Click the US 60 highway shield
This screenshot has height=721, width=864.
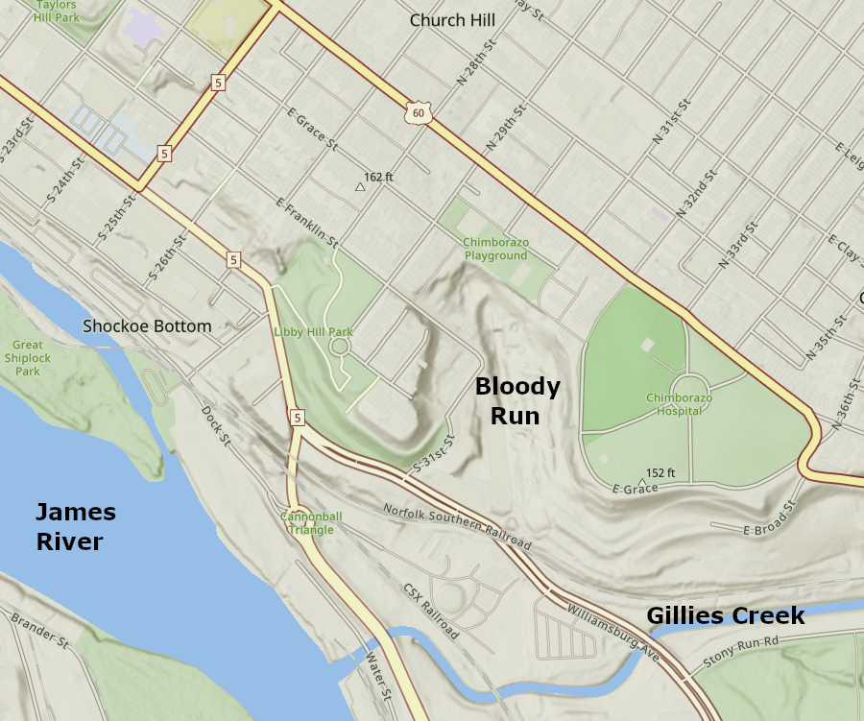[x=417, y=112]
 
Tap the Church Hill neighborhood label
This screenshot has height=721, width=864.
[x=451, y=20]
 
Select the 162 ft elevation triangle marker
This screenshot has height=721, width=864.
[x=361, y=187]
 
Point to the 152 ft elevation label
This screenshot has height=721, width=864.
[x=660, y=473]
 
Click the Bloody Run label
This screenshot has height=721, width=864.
[x=517, y=401]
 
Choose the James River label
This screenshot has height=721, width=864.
[x=75, y=527]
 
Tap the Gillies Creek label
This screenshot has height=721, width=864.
[x=725, y=616]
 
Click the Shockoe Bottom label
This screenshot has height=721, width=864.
[x=147, y=326]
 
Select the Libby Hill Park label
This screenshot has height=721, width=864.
[x=314, y=332]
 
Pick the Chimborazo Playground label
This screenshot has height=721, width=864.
[x=496, y=250]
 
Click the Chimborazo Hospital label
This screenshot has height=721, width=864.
[x=679, y=404]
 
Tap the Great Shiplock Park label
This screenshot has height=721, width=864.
[x=28, y=358]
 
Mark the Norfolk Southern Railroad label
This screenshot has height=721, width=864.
[x=457, y=527]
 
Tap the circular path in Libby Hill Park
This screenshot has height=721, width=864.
[x=340, y=346]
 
